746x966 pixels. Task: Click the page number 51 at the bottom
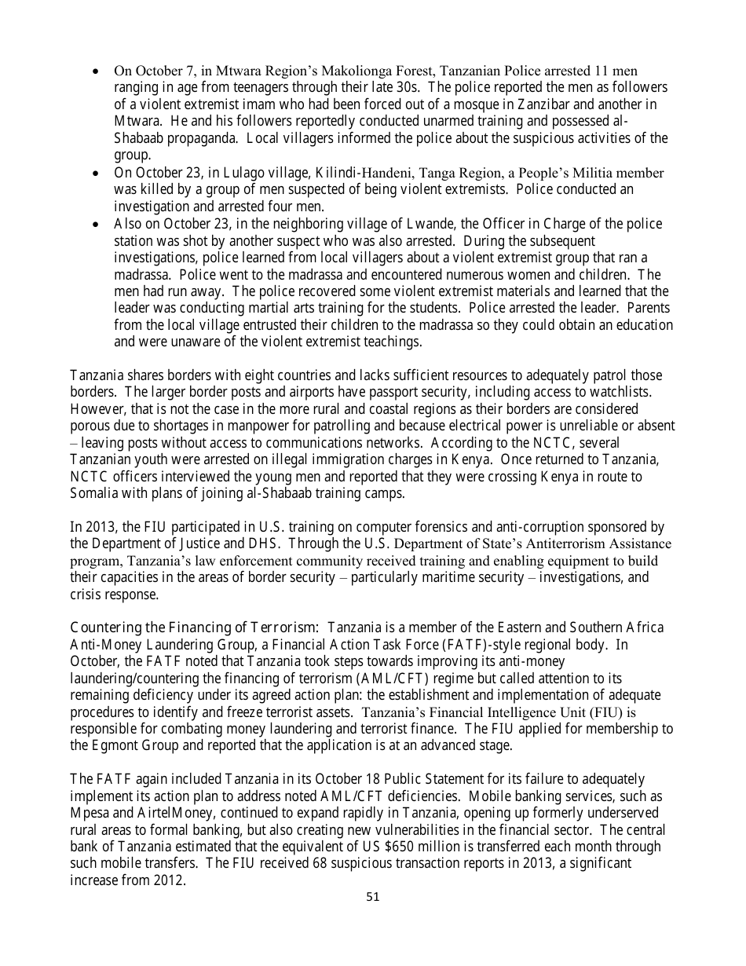point(373,897)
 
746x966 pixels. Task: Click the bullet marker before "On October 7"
point(95,71)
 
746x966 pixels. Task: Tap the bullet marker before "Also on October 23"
point(95,225)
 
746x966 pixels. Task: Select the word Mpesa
point(89,813)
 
